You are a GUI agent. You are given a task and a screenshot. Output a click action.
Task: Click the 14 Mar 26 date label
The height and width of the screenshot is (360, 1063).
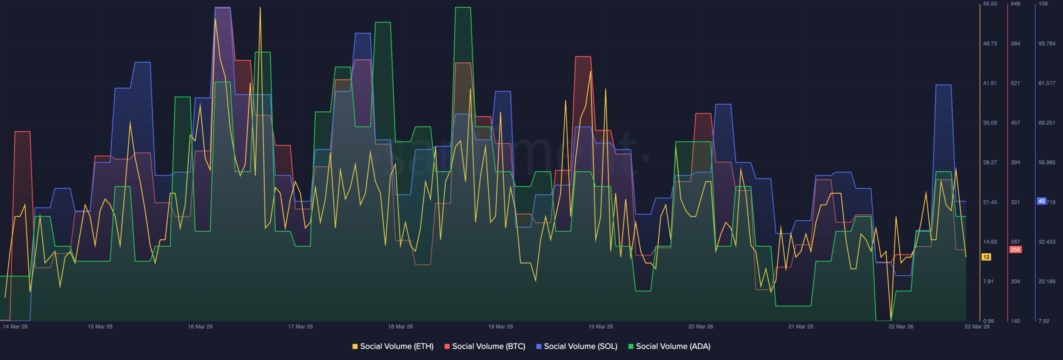(x=15, y=327)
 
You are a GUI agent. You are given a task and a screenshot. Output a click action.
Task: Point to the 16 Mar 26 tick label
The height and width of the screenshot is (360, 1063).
(x=200, y=327)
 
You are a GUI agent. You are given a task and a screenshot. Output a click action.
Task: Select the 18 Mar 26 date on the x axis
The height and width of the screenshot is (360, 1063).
(x=400, y=327)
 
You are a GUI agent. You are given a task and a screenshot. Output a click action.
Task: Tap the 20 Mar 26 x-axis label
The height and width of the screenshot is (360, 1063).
(x=701, y=327)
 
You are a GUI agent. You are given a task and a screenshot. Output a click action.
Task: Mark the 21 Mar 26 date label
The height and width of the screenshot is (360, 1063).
(x=801, y=327)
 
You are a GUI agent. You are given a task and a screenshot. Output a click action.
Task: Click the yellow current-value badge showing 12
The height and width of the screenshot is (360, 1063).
(x=986, y=257)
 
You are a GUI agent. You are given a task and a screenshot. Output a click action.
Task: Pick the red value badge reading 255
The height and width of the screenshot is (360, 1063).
(x=1015, y=250)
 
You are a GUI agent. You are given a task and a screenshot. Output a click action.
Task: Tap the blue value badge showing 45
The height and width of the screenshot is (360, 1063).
(x=1041, y=201)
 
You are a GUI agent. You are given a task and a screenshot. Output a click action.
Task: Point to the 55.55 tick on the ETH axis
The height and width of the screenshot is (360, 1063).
(x=990, y=4)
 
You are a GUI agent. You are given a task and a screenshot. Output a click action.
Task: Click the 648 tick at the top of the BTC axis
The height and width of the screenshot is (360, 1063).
(x=1015, y=4)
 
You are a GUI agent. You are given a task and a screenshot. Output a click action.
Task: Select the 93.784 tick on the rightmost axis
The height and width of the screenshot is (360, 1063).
(x=1047, y=44)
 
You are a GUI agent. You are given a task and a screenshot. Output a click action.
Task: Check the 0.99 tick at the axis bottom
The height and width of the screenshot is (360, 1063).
(x=989, y=321)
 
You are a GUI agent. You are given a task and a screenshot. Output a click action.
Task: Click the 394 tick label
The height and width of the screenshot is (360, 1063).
(x=1015, y=162)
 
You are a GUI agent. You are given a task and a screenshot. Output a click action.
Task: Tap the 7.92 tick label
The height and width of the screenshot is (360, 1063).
(x=1043, y=321)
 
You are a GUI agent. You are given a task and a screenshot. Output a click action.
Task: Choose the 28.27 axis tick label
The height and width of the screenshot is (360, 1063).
(x=990, y=162)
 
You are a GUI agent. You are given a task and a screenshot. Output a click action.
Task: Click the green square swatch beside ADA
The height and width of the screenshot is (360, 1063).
(x=631, y=346)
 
